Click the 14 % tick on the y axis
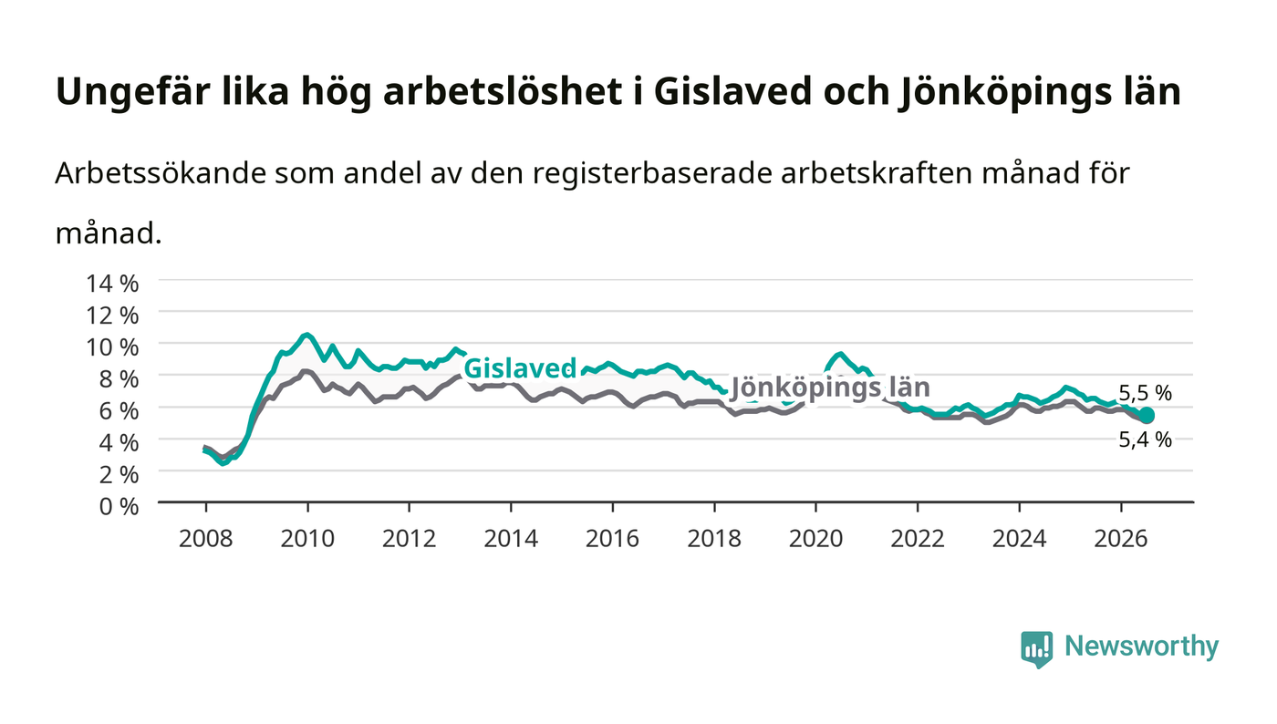click(x=111, y=284)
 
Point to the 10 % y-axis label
click(x=111, y=347)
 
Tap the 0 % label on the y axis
click(x=119, y=506)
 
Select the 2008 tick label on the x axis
click(x=206, y=538)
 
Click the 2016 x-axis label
click(x=612, y=538)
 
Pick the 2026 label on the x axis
click(x=1121, y=538)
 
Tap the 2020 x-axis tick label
click(x=815, y=538)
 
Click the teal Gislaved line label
click(x=520, y=368)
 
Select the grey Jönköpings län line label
click(x=830, y=388)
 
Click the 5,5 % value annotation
click(x=1145, y=393)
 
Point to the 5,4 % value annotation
click(x=1145, y=440)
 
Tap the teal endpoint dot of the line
click(x=1146, y=416)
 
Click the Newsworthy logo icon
click(x=1036, y=648)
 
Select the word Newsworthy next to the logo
click(x=1141, y=646)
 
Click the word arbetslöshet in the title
click(x=503, y=91)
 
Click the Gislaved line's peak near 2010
click(x=306, y=335)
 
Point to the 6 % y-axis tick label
click(x=119, y=411)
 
